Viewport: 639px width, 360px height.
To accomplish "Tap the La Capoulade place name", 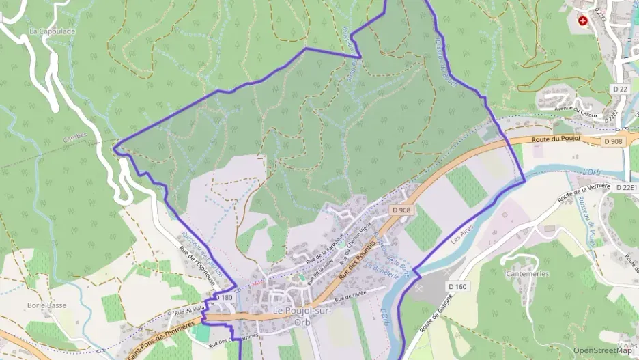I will tap(52, 31).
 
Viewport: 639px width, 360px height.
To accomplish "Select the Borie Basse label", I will tap(46, 305).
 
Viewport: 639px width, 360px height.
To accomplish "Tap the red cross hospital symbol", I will tap(582, 21).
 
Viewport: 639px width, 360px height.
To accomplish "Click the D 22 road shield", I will tap(619, 89).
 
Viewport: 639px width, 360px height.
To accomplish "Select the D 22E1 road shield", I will tap(626, 187).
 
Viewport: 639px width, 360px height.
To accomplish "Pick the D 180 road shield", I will tap(224, 298).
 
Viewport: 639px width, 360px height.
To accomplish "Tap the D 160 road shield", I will tap(457, 286).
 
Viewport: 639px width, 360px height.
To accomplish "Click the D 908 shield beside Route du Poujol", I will tap(612, 141).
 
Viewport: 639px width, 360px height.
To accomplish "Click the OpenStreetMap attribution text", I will tap(603, 350).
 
